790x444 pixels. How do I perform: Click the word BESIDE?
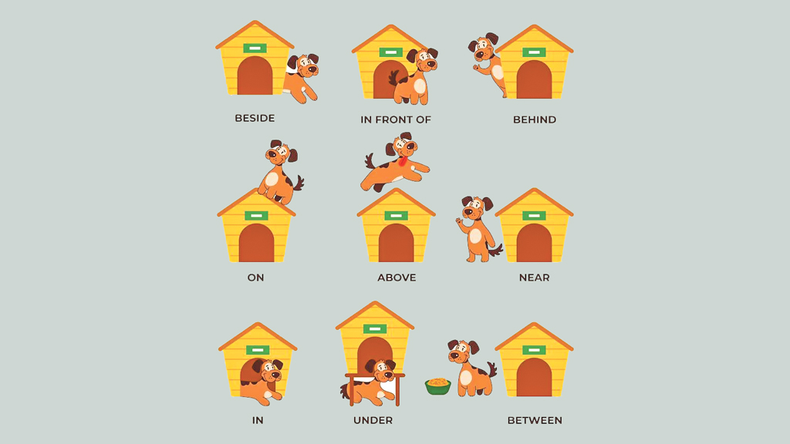point(255,118)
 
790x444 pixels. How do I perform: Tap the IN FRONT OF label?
point(396,119)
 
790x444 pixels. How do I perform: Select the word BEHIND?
point(535,119)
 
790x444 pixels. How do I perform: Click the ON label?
point(255,277)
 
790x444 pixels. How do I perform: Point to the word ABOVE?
point(397,277)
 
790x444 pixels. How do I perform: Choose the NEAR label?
point(534,277)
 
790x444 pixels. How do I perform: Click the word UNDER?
point(373,420)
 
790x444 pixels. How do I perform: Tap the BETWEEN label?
point(535,420)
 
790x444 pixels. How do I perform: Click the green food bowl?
point(438,386)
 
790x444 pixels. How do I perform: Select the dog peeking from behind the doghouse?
point(488,63)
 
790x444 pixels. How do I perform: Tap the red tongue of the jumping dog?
point(402,162)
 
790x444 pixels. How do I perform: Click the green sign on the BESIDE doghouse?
point(255,49)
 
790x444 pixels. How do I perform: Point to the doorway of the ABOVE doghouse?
point(396,243)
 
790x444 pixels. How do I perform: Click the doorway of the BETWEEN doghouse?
point(534,377)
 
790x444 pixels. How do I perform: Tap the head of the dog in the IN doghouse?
point(268,371)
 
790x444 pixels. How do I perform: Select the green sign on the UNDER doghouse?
point(375,329)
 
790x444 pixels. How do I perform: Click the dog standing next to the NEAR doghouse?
point(478,229)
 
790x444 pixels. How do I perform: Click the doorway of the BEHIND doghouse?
point(534,79)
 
